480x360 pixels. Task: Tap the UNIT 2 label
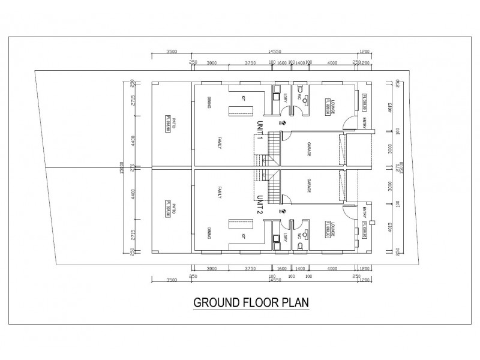pos(260,206)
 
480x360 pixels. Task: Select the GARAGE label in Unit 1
pos(310,150)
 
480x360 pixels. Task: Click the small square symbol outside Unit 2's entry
pos(373,223)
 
